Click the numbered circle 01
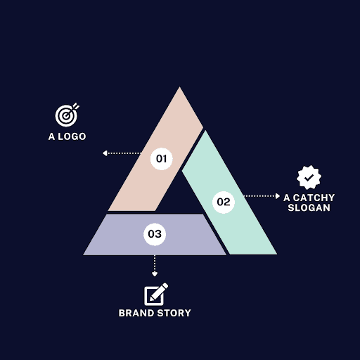coord(162,159)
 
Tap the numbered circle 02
coord(224,202)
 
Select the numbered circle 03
coord(155,234)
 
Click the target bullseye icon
coord(67,115)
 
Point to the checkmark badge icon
coord(309,177)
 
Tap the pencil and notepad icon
coord(155,294)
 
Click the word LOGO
coord(72,136)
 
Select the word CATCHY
coord(314,198)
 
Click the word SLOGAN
coord(309,207)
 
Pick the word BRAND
coord(136,313)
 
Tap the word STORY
coord(174,313)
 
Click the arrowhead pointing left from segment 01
coord(105,153)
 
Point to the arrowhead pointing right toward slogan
coord(278,196)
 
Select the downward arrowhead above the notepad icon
coord(155,274)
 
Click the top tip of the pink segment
coord(180,87)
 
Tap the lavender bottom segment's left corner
coord(84,255)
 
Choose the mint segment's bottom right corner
coord(277,254)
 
